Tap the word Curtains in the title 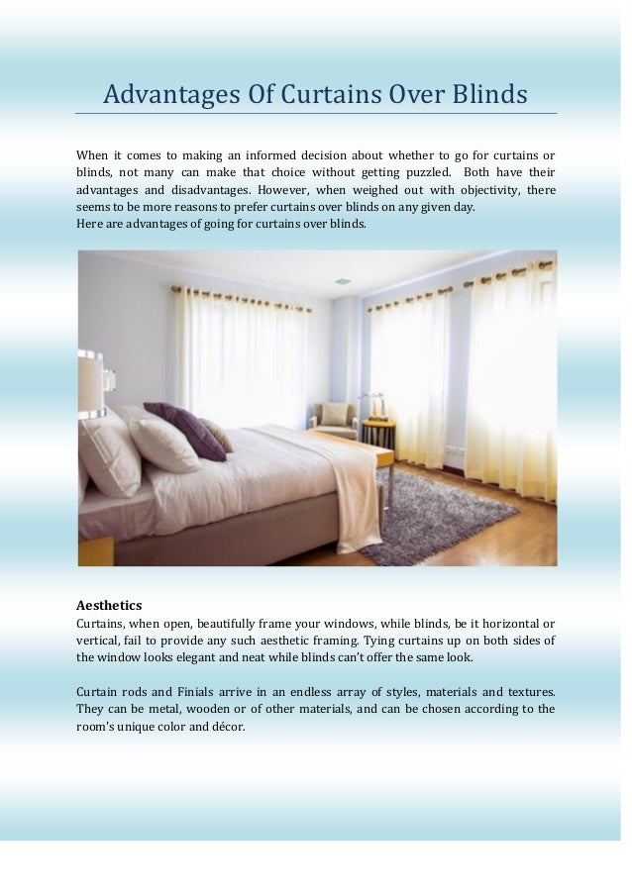pos(321,95)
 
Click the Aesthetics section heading pos(109,604)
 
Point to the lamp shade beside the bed pos(91,385)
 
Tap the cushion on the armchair pos(334,413)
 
